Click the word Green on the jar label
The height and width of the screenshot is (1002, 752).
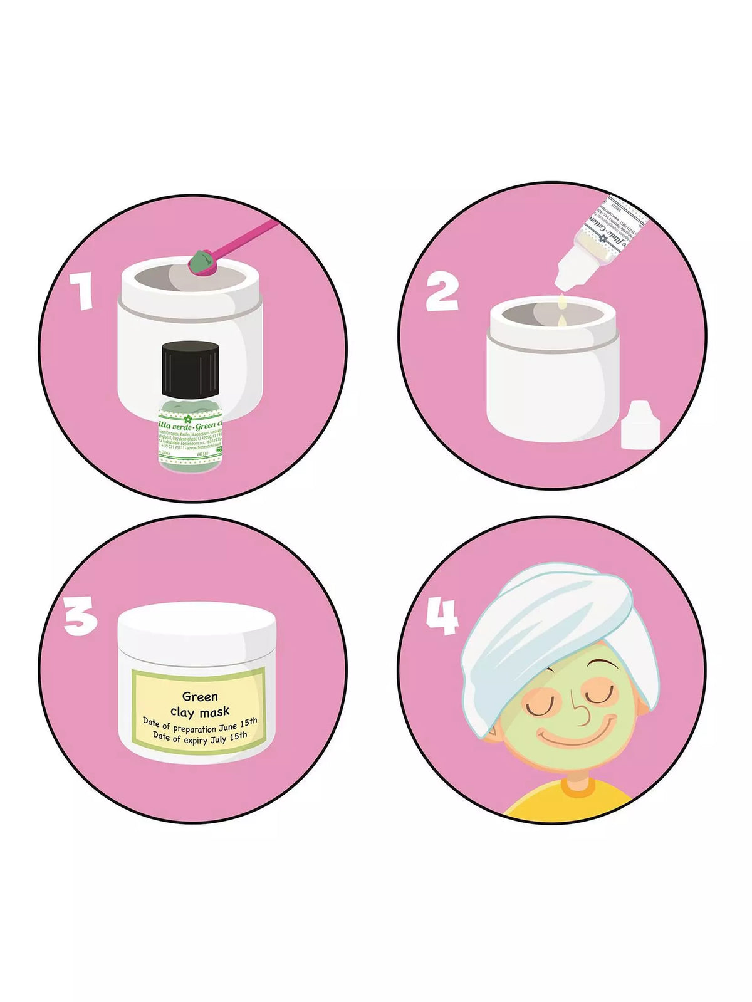200,696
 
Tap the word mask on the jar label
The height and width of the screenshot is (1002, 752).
214,711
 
